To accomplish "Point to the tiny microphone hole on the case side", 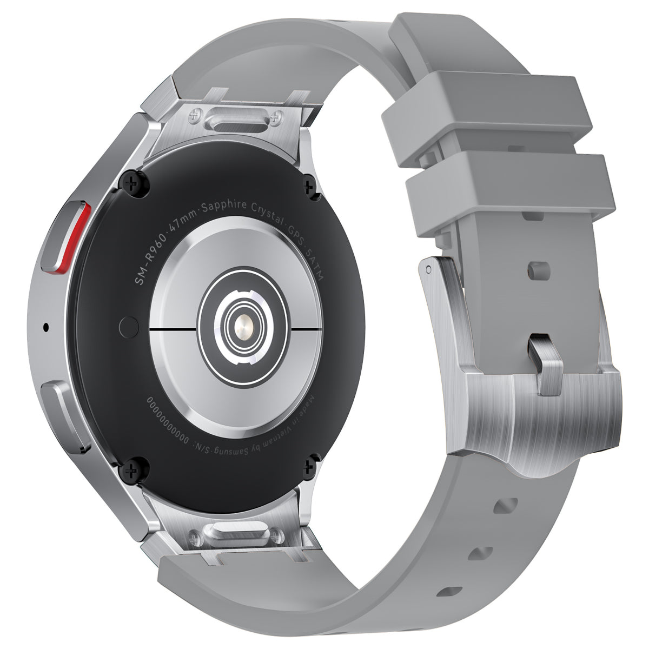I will (45, 327).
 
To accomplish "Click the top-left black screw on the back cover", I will (131, 184).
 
